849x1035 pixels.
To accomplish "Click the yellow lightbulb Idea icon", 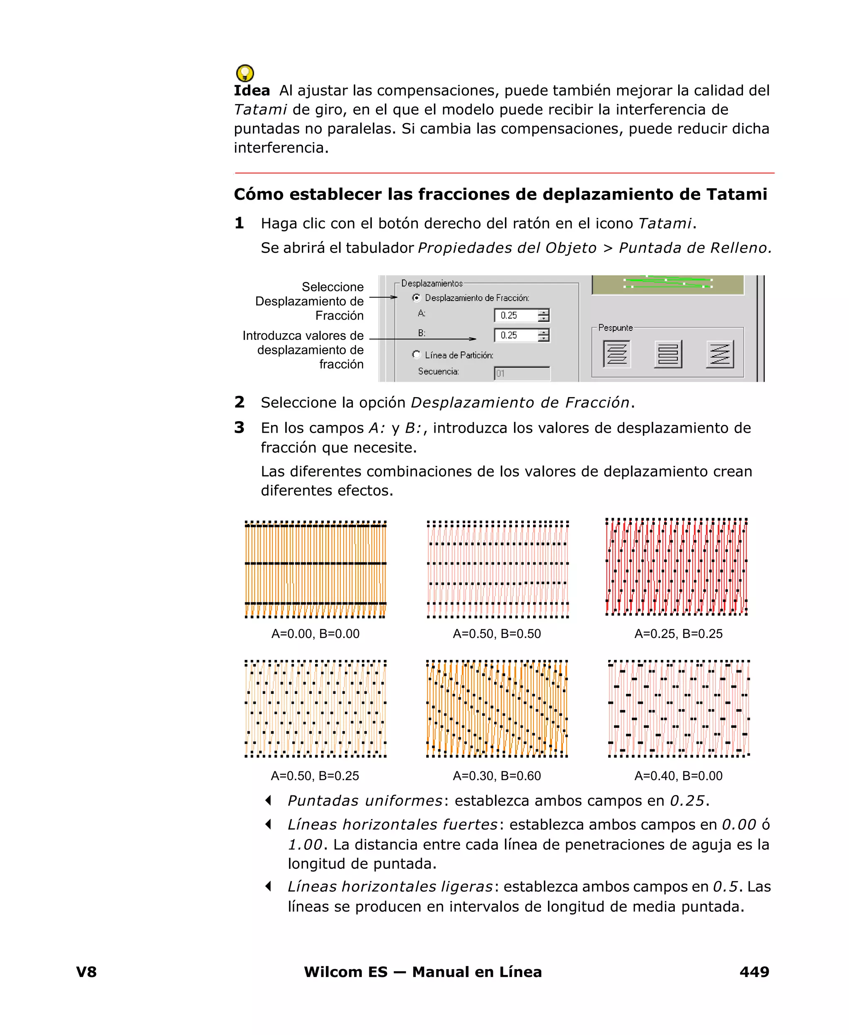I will click(x=245, y=73).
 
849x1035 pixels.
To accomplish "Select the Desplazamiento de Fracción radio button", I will click(x=416, y=297).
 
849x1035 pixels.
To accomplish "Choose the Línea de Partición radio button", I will click(x=416, y=354).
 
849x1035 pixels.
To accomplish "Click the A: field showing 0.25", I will click(x=516, y=315).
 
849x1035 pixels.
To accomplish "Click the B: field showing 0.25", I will click(x=516, y=335).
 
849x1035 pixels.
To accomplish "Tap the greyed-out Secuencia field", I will click(x=522, y=373).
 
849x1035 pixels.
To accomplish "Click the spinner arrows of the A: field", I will click(x=543, y=315).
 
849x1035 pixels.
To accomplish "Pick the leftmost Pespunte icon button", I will click(x=617, y=354).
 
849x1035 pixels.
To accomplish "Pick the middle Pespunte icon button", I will click(x=668, y=354).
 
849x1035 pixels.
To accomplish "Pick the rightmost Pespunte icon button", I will click(x=720, y=354).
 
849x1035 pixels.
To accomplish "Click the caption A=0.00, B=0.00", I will click(x=315, y=634).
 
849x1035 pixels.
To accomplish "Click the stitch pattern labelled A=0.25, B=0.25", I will click(x=677, y=566).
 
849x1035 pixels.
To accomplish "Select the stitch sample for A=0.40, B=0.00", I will click(x=678, y=708).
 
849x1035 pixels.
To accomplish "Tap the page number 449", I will click(x=754, y=972).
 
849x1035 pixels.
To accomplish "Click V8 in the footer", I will click(x=87, y=972).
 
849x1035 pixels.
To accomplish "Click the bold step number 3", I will click(x=239, y=427).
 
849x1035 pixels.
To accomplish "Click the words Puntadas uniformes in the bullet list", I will click(x=365, y=801).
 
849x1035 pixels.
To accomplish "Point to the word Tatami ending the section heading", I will click(x=737, y=194).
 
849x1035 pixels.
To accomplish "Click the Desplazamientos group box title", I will click(x=432, y=283).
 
